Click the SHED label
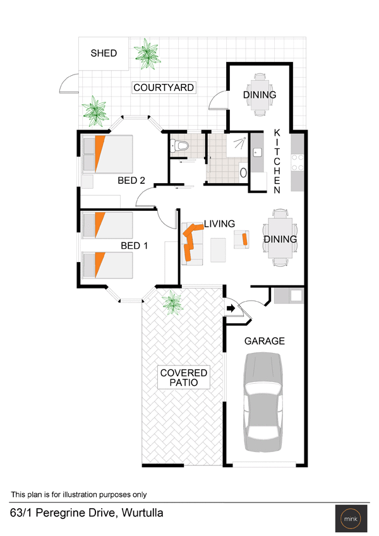pos(104,53)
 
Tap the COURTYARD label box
pos(164,88)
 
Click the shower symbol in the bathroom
pos(241,143)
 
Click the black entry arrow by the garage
pos(231,308)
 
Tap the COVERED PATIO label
pos(184,378)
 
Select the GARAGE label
pos(265,341)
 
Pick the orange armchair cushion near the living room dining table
pos(244,239)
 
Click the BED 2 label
pos(131,180)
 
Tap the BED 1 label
pos(134,246)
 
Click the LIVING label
pos(220,224)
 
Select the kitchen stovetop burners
pos(297,162)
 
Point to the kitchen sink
pos(257,152)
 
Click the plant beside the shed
pos(147,54)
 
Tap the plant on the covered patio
pos(172,302)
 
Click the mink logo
pos(351,518)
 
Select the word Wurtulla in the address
pos(142,513)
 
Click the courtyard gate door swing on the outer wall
pos(69,83)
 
